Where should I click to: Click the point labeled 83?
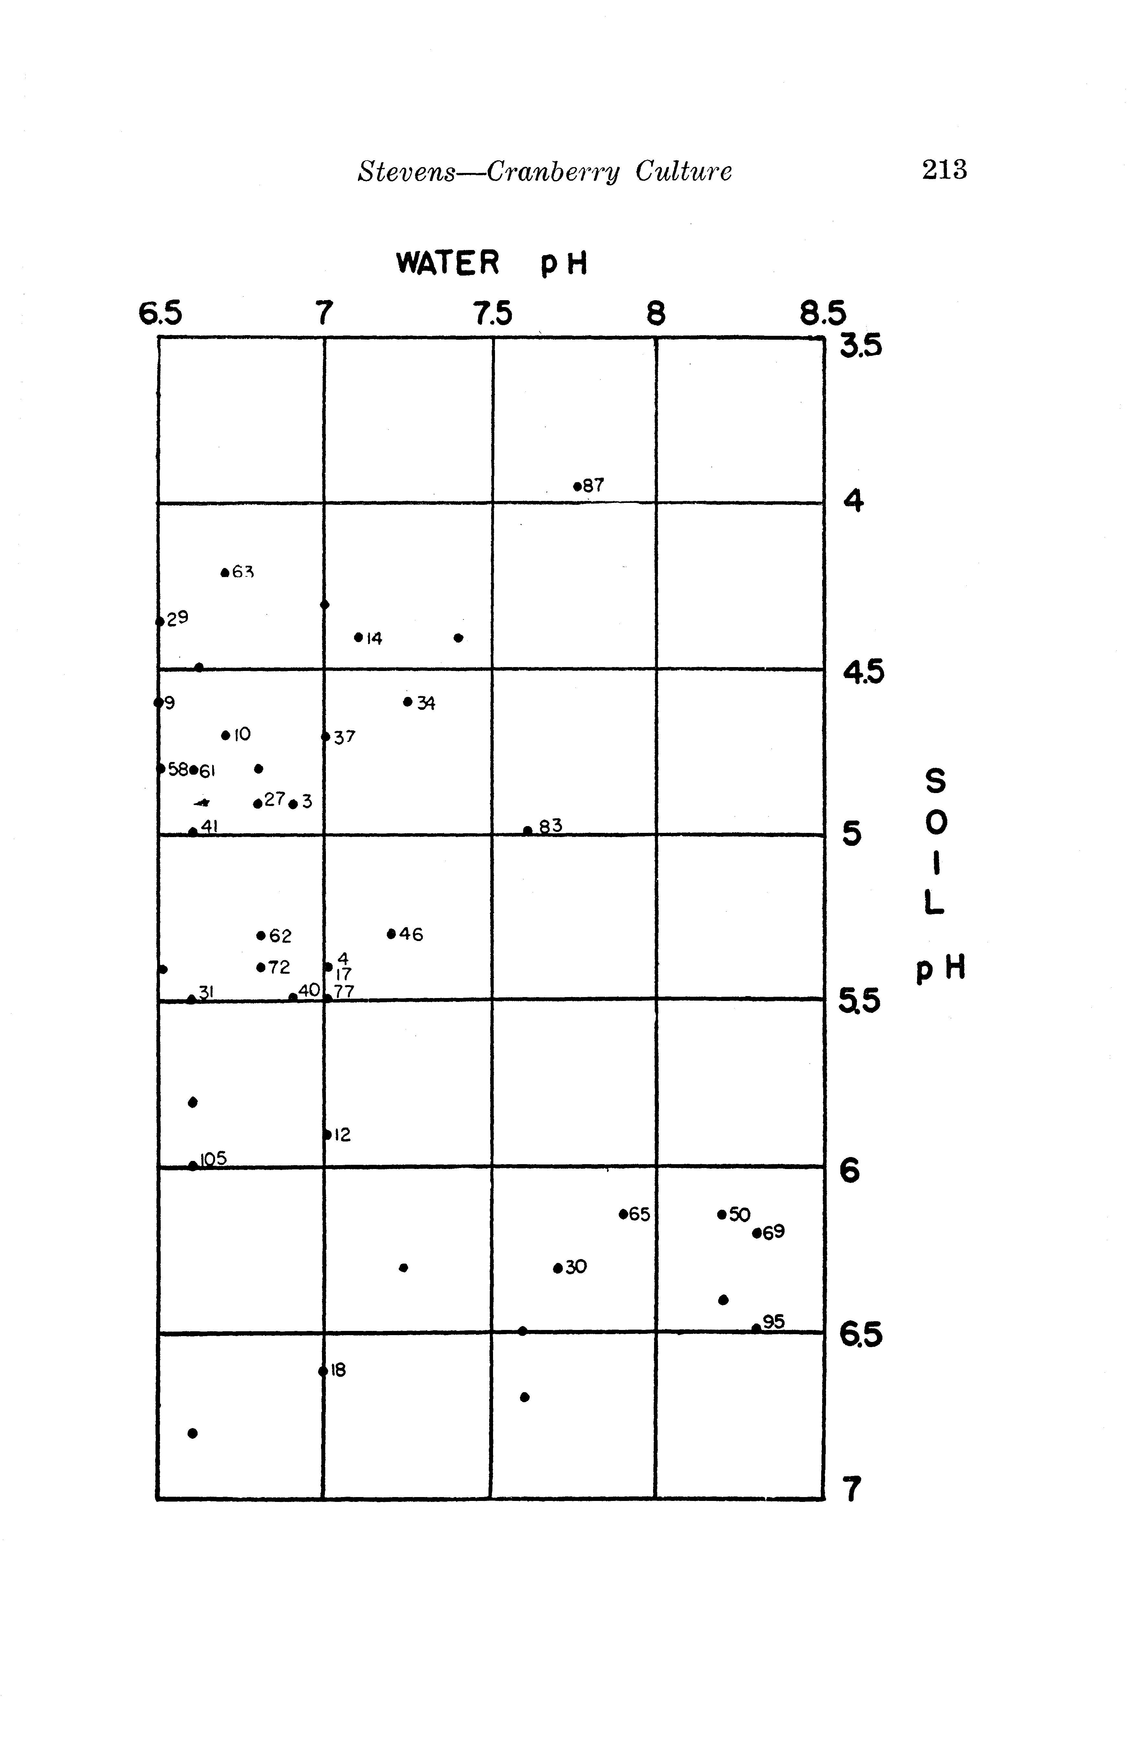(x=528, y=830)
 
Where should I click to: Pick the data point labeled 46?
(x=392, y=933)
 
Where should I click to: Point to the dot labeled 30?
(x=558, y=1268)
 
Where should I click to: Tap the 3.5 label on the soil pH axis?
(x=861, y=345)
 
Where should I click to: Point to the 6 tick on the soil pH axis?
(x=849, y=1171)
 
